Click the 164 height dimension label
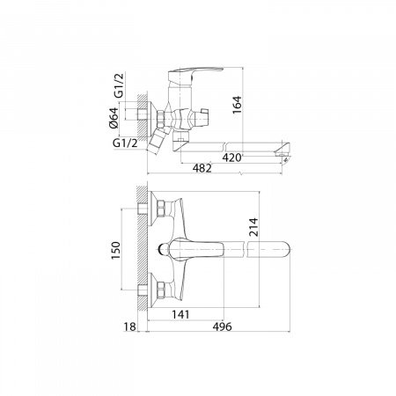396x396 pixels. pos(237,105)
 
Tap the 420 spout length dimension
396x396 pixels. pos(231,158)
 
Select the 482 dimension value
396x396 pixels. pos(202,168)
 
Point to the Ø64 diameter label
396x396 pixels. pos(114,118)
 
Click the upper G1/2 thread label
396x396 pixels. pos(119,85)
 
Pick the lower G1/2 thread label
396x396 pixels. pos(125,143)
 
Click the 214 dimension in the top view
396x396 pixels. pos(253,227)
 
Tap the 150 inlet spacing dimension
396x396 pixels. pos(115,250)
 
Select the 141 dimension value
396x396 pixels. pos(180,314)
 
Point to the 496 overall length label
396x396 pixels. pos(222,326)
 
